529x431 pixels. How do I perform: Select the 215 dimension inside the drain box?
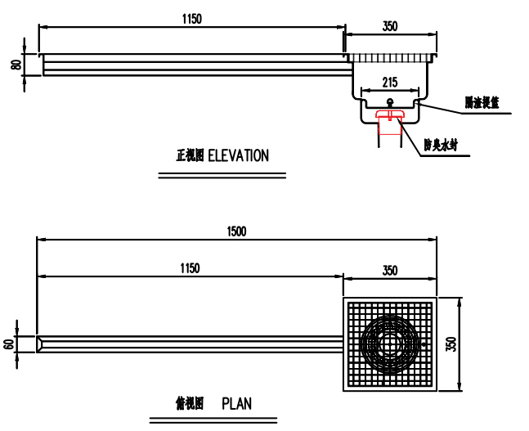point(388,83)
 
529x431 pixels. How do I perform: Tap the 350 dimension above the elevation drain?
point(390,26)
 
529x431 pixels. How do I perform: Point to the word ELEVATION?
point(238,156)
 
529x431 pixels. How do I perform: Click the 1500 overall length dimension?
point(236,231)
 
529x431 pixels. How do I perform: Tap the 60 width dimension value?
point(9,345)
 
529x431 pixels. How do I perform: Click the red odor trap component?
point(389,122)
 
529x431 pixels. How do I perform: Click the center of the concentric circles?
point(389,344)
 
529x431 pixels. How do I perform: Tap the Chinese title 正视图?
point(191,156)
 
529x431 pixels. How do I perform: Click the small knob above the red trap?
point(389,101)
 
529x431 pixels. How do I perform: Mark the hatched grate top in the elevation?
point(389,57)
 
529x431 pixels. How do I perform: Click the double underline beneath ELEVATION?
point(222,174)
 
